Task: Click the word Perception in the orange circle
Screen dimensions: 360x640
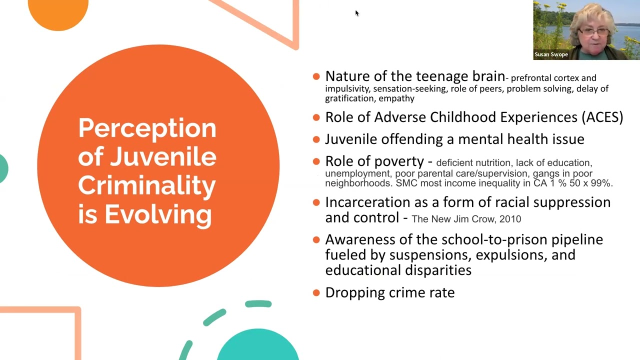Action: [x=147, y=128]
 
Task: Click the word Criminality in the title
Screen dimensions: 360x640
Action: [x=147, y=185]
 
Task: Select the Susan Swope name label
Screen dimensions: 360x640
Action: [x=551, y=54]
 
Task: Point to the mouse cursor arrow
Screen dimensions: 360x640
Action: [x=356, y=13]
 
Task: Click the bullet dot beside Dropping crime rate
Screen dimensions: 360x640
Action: [x=316, y=293]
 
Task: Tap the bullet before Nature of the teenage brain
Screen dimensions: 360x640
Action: [x=316, y=76]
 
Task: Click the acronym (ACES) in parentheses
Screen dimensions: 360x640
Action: [x=602, y=117]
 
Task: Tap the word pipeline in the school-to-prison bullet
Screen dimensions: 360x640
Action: [x=577, y=239]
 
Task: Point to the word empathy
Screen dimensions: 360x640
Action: [x=396, y=98]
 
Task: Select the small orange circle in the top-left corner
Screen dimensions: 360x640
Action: [x=58, y=12]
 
